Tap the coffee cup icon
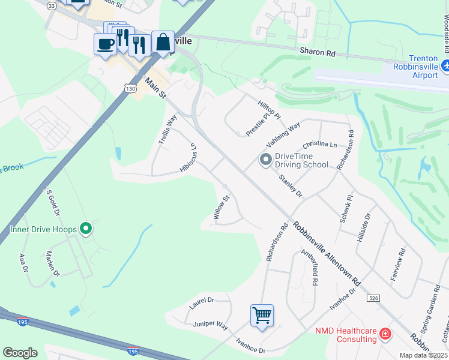click(105, 44)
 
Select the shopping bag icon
click(163, 42)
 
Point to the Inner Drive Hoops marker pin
click(86, 229)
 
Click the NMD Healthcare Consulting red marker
click(385, 334)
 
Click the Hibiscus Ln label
click(188, 158)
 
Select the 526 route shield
click(374, 298)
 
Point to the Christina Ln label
click(320, 145)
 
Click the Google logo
click(20, 353)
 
